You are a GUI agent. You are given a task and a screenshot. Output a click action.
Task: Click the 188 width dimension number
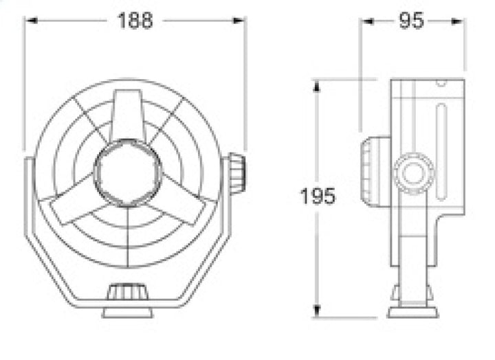[135, 21]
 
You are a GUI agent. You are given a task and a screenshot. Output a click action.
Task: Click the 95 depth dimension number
[411, 21]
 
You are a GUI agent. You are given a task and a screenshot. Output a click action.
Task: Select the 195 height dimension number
[317, 197]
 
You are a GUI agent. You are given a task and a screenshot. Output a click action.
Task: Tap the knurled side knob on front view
[237, 173]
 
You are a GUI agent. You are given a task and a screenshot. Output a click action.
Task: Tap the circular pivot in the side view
[413, 173]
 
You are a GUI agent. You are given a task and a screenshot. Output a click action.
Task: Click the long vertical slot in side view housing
[441, 151]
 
